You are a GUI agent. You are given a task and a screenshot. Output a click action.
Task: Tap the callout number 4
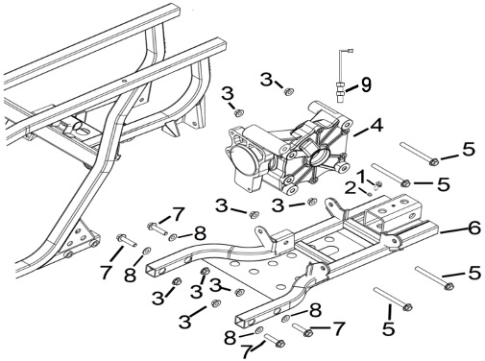376,125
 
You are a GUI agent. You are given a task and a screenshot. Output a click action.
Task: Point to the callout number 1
361,176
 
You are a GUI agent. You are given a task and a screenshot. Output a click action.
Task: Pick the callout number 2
351,188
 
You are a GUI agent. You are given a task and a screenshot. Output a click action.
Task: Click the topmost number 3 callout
266,80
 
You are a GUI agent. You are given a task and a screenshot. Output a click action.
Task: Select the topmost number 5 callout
469,149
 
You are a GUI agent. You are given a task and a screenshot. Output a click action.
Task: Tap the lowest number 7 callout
246,351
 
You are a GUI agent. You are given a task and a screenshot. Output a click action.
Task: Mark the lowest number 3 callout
185,321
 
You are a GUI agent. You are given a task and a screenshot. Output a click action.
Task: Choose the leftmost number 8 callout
130,275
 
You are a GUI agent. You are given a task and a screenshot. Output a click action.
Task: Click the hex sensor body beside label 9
340,89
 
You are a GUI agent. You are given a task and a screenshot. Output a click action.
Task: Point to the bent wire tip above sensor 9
352,50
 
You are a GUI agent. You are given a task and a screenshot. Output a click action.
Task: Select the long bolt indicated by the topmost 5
420,155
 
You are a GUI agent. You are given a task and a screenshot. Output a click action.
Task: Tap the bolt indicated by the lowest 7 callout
275,340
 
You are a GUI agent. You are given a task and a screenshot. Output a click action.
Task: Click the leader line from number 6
453,230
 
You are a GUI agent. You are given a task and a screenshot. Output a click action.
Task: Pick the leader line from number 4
361,132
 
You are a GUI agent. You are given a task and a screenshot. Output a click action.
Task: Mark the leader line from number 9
352,88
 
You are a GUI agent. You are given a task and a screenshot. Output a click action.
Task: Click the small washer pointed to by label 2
370,193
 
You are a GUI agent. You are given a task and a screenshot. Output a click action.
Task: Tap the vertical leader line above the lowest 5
390,313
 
